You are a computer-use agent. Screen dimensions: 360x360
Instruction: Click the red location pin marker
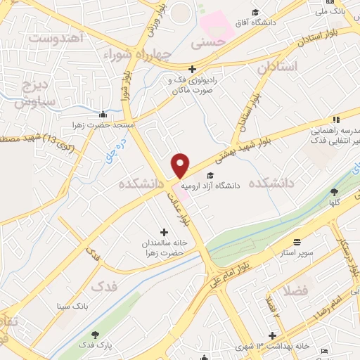[x=181, y=165]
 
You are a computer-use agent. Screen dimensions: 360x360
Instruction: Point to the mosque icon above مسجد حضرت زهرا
[x=103, y=115]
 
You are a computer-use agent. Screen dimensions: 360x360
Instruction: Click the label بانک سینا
[x=72, y=307]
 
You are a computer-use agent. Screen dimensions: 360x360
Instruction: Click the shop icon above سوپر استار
[x=297, y=241]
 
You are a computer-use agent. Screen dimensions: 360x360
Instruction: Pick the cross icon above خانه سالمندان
[x=165, y=232]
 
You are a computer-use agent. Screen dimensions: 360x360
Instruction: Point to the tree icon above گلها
[x=334, y=191]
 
